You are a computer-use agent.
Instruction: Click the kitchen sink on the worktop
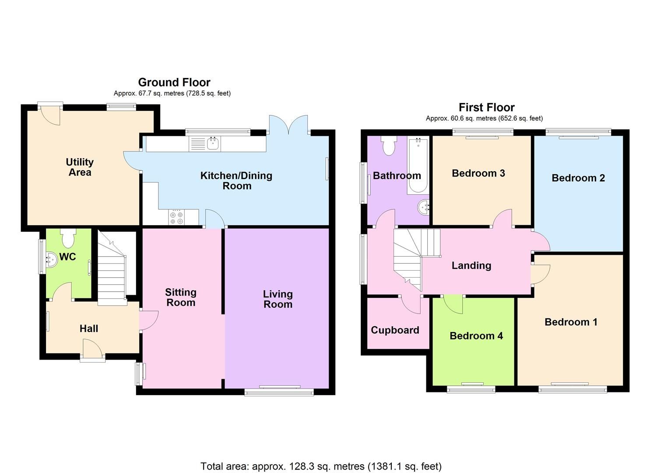(x=213, y=143)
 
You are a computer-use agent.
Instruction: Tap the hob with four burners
(x=176, y=217)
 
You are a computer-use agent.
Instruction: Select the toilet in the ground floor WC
(x=68, y=238)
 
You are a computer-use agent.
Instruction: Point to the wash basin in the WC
(x=51, y=259)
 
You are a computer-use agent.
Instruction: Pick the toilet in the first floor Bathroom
(x=388, y=145)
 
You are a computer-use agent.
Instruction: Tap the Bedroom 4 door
(x=453, y=304)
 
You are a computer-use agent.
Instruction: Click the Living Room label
(x=278, y=299)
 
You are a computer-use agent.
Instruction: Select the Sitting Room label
(x=180, y=297)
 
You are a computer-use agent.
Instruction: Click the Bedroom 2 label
(x=578, y=178)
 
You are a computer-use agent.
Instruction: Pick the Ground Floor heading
(x=174, y=82)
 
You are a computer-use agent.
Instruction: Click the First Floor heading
(x=486, y=107)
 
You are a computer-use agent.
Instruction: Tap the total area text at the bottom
(x=321, y=466)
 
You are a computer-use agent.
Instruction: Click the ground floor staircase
(x=112, y=269)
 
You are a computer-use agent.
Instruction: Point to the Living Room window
(x=279, y=390)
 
